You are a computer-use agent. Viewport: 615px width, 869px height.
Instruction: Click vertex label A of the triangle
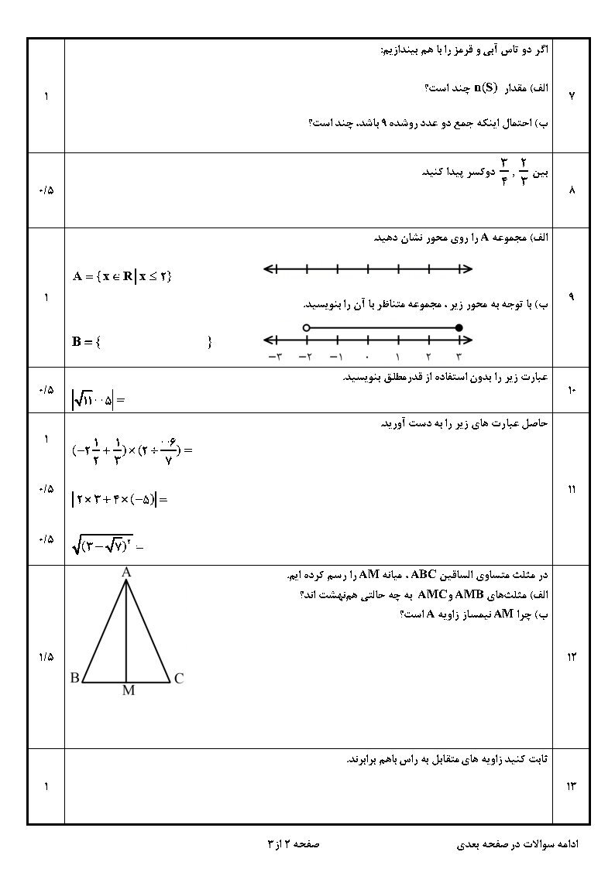tap(126, 572)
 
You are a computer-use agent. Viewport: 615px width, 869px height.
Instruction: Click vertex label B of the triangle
tap(75, 679)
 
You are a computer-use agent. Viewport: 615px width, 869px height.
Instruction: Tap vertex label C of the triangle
tap(179, 679)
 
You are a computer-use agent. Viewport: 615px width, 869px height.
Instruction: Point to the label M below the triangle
tap(128, 691)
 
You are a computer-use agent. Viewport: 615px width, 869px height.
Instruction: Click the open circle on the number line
tap(307, 328)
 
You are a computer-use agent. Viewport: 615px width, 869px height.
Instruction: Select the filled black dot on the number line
tap(459, 328)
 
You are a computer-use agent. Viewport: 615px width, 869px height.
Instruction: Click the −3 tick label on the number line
tap(274, 357)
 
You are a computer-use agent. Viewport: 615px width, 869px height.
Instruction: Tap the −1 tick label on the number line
tap(335, 357)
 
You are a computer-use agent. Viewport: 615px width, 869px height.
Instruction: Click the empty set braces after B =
tap(155, 341)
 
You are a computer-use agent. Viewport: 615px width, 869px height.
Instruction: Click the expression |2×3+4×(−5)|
tap(119, 499)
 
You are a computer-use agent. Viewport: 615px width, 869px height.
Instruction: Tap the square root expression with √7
tap(108, 546)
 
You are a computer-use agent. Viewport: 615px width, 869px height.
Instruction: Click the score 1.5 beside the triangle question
tap(45, 657)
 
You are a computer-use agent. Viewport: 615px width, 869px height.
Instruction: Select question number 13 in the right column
tap(572, 787)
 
